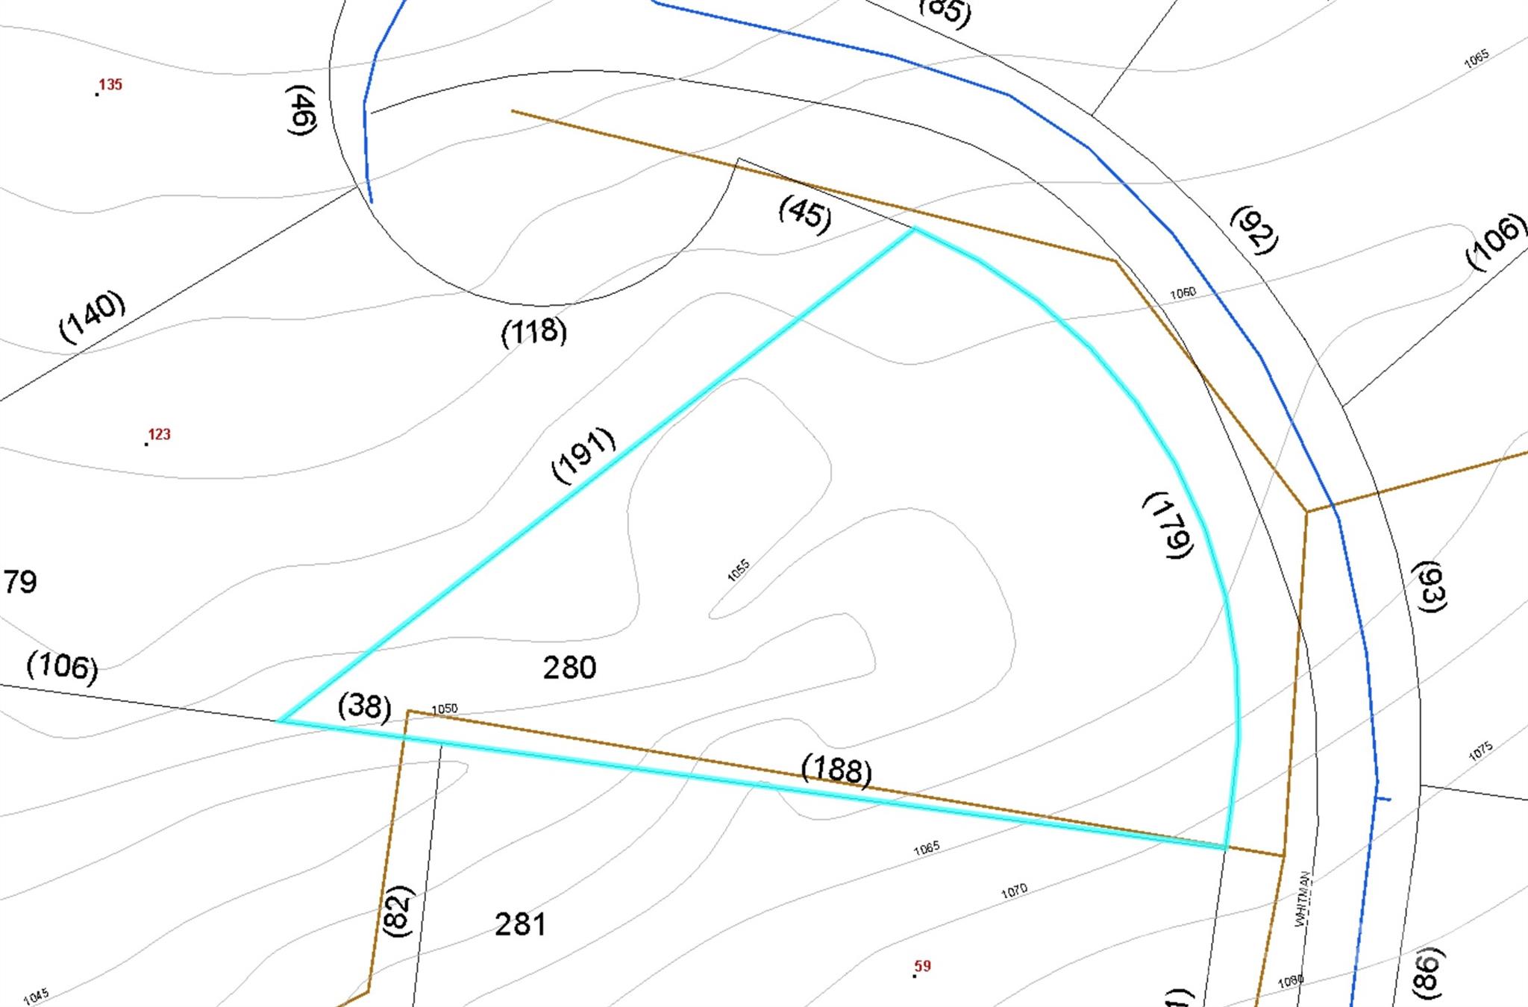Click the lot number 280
click(569, 667)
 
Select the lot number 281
click(520, 924)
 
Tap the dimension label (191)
click(583, 454)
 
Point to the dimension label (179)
click(1169, 524)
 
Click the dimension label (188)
click(836, 770)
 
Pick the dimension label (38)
click(365, 706)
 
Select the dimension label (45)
click(804, 213)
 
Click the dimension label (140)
click(92, 316)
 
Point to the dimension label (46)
click(301, 110)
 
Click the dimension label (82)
click(397, 910)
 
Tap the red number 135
click(110, 84)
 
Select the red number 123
click(159, 434)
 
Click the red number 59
click(923, 966)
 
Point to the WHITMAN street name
click(1303, 899)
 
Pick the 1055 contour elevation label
click(738, 570)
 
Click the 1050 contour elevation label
click(445, 709)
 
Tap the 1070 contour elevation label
click(1014, 890)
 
